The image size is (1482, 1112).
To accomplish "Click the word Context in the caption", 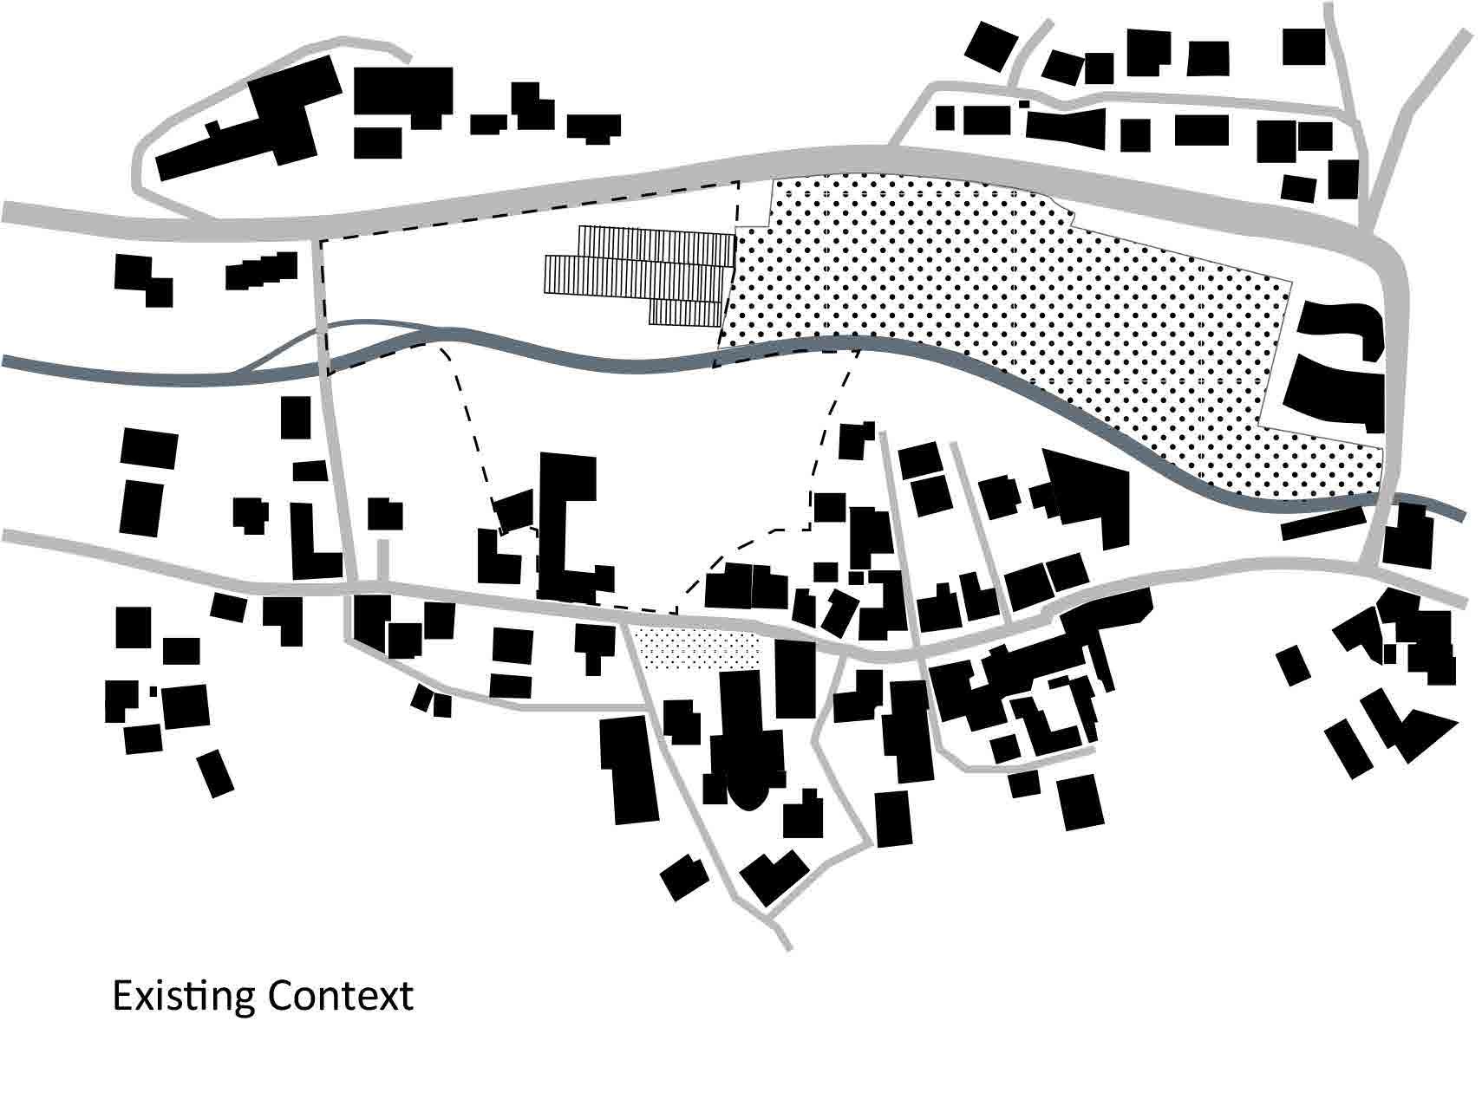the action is pos(340,997).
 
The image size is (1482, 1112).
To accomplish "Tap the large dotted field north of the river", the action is pos(954,277).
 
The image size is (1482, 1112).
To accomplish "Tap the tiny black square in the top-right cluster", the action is pos(1024,104).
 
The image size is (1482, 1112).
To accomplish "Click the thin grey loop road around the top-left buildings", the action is pos(139,173).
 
